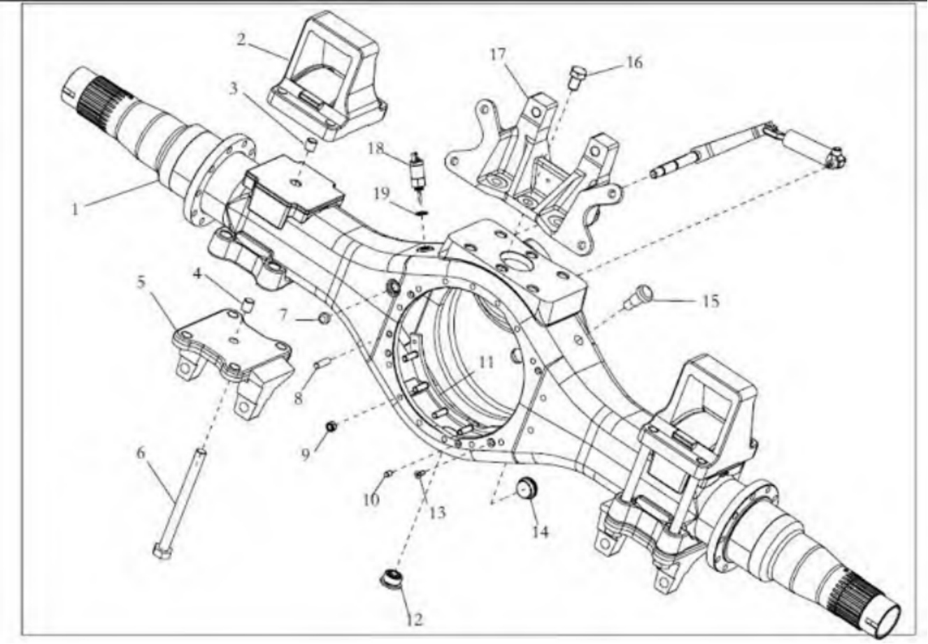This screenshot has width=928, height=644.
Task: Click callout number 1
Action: click(76, 209)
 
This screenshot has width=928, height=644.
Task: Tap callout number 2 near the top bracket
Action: click(241, 39)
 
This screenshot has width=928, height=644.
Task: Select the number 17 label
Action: click(498, 55)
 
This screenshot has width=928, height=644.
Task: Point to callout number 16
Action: click(634, 62)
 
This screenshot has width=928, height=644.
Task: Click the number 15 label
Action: click(711, 301)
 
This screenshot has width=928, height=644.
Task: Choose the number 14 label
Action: click(540, 531)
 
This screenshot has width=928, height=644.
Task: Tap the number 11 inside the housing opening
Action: click(486, 362)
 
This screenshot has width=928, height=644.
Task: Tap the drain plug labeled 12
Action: click(391, 582)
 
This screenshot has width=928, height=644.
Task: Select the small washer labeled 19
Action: click(421, 213)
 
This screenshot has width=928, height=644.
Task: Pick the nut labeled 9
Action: click(331, 426)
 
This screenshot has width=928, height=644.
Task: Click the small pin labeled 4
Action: click(248, 306)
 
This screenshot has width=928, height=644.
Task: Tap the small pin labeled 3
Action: click(310, 146)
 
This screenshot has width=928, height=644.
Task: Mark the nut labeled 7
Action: click(324, 318)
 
